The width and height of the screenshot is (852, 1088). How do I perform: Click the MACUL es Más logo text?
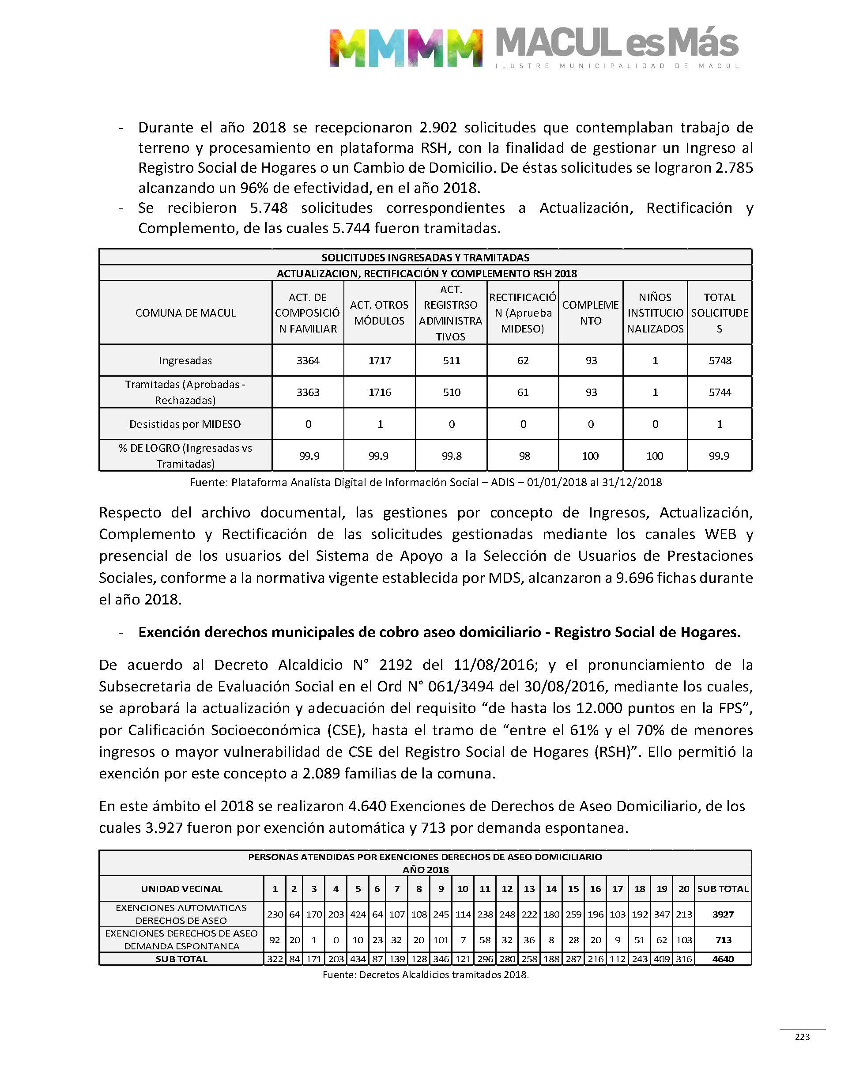tap(617, 43)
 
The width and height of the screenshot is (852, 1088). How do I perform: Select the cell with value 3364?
tap(308, 361)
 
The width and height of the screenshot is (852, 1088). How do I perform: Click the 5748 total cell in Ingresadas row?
tap(720, 361)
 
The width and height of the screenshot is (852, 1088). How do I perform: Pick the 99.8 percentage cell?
tap(452, 456)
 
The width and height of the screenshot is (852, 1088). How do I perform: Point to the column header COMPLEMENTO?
tap(591, 313)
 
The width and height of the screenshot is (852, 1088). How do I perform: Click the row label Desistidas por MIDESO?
tap(185, 424)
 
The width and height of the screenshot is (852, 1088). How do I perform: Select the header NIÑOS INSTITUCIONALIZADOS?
tap(655, 313)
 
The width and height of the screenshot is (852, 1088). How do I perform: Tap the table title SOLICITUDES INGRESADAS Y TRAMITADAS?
tap(426, 257)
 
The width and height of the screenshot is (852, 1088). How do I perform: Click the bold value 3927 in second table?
tap(723, 914)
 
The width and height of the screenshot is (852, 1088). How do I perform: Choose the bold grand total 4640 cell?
tap(723, 959)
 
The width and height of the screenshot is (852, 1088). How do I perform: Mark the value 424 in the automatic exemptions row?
tap(358, 914)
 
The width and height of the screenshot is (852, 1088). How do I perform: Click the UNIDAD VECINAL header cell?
tap(181, 888)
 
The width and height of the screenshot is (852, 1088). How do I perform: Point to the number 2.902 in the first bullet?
tap(438, 128)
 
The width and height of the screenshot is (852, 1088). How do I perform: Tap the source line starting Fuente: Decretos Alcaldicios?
tap(426, 974)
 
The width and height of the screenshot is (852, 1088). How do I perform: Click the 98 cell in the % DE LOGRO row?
tap(523, 456)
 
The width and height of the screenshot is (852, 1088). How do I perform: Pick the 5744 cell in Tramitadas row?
tap(720, 393)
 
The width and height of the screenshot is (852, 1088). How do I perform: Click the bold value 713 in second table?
tap(723, 940)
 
